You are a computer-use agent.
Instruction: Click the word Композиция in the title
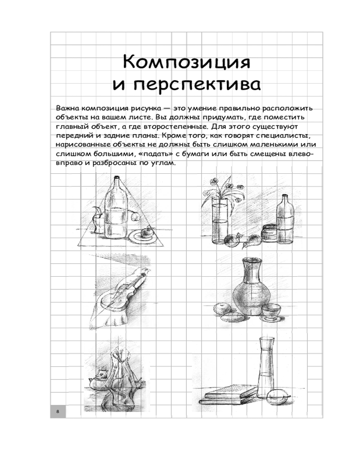187,62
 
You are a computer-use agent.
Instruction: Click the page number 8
58,412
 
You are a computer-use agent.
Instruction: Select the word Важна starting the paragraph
67,108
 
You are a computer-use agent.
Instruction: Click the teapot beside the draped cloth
98,380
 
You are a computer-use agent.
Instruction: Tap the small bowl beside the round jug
271,312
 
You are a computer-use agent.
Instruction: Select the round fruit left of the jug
222,310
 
